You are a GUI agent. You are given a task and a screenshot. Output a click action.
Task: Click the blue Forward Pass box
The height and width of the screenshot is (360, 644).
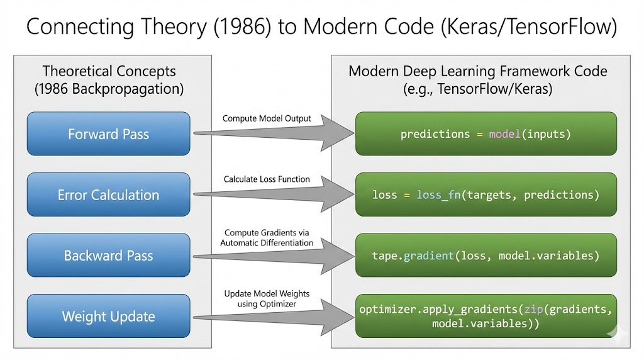[108, 134]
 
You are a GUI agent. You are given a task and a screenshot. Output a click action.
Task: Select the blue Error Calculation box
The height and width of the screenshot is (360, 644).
[108, 195]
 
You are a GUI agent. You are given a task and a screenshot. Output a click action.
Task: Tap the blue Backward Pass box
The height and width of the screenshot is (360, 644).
[108, 256]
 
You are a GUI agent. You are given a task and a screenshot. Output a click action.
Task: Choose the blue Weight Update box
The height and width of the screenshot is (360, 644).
[108, 317]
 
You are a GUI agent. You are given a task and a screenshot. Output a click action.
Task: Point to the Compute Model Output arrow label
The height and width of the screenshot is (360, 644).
[267, 118]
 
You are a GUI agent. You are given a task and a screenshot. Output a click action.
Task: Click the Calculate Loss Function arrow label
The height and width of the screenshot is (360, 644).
[267, 179]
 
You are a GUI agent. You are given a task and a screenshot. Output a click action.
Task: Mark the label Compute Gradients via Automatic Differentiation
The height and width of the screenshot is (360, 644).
[267, 238]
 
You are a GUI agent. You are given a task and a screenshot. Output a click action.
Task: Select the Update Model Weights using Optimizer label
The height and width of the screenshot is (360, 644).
[267, 299]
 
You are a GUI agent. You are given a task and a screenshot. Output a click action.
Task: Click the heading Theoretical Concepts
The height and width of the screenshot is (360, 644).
[109, 71]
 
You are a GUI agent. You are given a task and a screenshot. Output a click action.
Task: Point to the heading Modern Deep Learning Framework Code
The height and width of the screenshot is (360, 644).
[477, 71]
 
